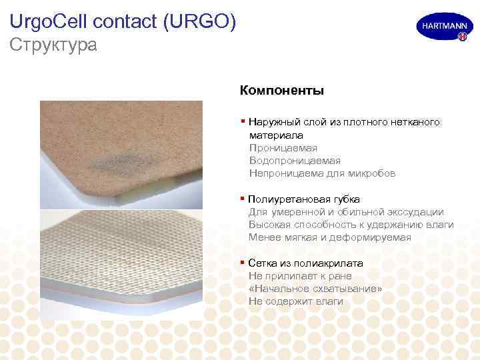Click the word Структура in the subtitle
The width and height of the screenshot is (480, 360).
point(53,45)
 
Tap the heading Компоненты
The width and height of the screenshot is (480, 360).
point(281,89)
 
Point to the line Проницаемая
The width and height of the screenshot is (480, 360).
point(283,148)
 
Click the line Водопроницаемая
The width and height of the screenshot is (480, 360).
point(294,161)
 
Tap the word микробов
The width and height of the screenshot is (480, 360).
point(373,173)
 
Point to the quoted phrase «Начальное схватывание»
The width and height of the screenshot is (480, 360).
point(315,289)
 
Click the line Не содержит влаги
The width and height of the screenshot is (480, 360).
point(296,301)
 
